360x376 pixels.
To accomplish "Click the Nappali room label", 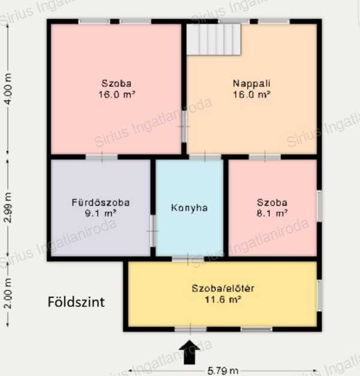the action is pyautogui.click(x=252, y=83).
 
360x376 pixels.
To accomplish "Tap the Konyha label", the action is pyautogui.click(x=190, y=207).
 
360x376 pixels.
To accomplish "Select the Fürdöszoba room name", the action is pyautogui.click(x=101, y=203).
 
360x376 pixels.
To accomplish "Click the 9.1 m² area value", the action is pyautogui.click(x=101, y=213).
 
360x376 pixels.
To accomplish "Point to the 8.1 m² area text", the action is pyautogui.click(x=272, y=213).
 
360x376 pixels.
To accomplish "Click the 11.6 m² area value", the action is pyautogui.click(x=223, y=299).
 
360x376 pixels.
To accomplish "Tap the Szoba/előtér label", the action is pyautogui.click(x=223, y=288).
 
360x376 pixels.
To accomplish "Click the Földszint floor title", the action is pyautogui.click(x=76, y=302).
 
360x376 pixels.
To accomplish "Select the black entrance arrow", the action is pyautogui.click(x=190, y=352).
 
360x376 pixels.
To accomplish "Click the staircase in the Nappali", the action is pyautogui.click(x=214, y=40).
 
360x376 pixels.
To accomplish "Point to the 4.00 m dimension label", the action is pyautogui.click(x=8, y=89).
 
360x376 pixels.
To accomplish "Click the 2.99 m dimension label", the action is pyautogui.click(x=8, y=207).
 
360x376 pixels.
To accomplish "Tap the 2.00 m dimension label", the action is pyautogui.click(x=8, y=293).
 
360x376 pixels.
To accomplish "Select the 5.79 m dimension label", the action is pyautogui.click(x=223, y=371).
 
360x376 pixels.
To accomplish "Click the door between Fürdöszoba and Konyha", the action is pyautogui.click(x=153, y=231).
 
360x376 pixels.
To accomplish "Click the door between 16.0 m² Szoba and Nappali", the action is pyautogui.click(x=184, y=127).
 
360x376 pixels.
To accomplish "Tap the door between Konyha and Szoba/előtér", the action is pyautogui.click(x=188, y=258).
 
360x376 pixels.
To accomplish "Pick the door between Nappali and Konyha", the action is pyautogui.click(x=205, y=157).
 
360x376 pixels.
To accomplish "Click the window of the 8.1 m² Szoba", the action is pyautogui.click(x=319, y=206).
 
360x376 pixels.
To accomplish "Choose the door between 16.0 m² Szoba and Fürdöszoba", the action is pyautogui.click(x=102, y=157).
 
